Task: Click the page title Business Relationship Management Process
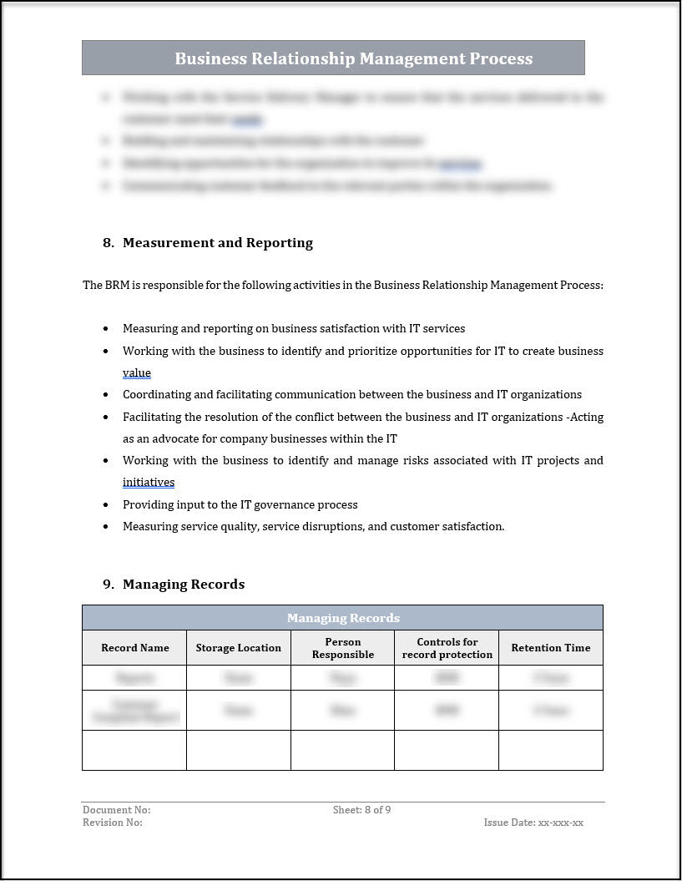353,58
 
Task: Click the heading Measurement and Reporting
217,243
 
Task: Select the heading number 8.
108,243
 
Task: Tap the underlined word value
136,373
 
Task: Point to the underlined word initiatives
148,483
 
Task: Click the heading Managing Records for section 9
183,585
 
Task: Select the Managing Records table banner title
343,618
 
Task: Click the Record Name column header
134,648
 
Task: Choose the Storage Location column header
238,648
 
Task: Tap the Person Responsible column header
342,648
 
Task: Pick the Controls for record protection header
447,648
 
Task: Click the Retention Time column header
550,648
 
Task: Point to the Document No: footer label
116,810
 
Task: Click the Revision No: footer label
112,823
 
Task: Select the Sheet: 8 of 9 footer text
361,810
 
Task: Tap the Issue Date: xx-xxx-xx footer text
533,823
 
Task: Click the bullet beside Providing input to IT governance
105,505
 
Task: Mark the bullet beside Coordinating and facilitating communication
105,395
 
